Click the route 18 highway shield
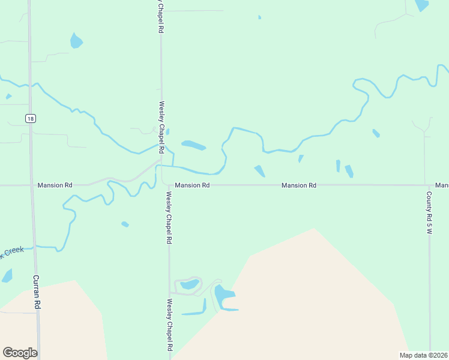pos(30,119)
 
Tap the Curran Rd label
pos(37,292)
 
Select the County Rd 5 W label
pos(429,213)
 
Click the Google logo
pos(20,353)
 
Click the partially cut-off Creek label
pos(12,251)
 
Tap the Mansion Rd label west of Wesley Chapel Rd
pos(55,185)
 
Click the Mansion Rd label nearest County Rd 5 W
pos(299,186)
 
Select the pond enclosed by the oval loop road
pos(190,284)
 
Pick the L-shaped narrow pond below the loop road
pos(196,310)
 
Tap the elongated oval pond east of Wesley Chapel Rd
pos(193,145)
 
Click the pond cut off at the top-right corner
pos(422,5)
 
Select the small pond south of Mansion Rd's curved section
pos(125,224)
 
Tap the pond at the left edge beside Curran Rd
pos(7,276)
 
